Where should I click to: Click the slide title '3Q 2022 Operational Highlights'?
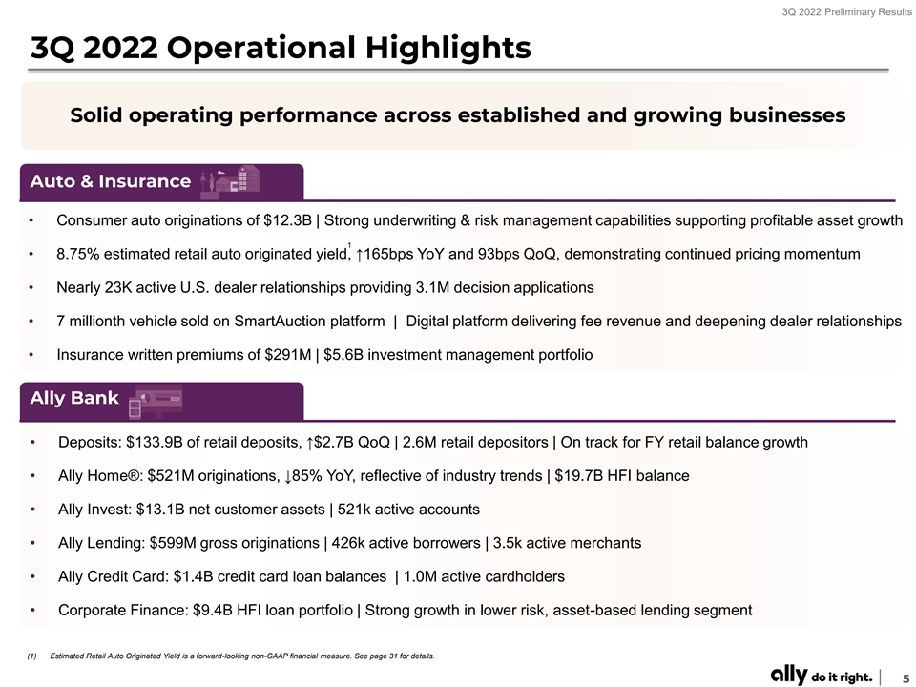coord(281,48)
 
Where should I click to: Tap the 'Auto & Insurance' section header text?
coord(111,181)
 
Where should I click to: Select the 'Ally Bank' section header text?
coord(74,398)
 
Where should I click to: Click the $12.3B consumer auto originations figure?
coord(287,220)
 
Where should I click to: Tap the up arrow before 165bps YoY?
coord(360,255)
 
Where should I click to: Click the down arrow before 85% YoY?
coord(287,477)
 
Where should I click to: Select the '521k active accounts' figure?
coord(408,510)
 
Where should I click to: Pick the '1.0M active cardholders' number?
coord(485,576)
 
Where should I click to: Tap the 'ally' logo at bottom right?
coord(789,675)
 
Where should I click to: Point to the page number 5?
coord(906,677)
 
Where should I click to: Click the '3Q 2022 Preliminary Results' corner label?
coord(846,11)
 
